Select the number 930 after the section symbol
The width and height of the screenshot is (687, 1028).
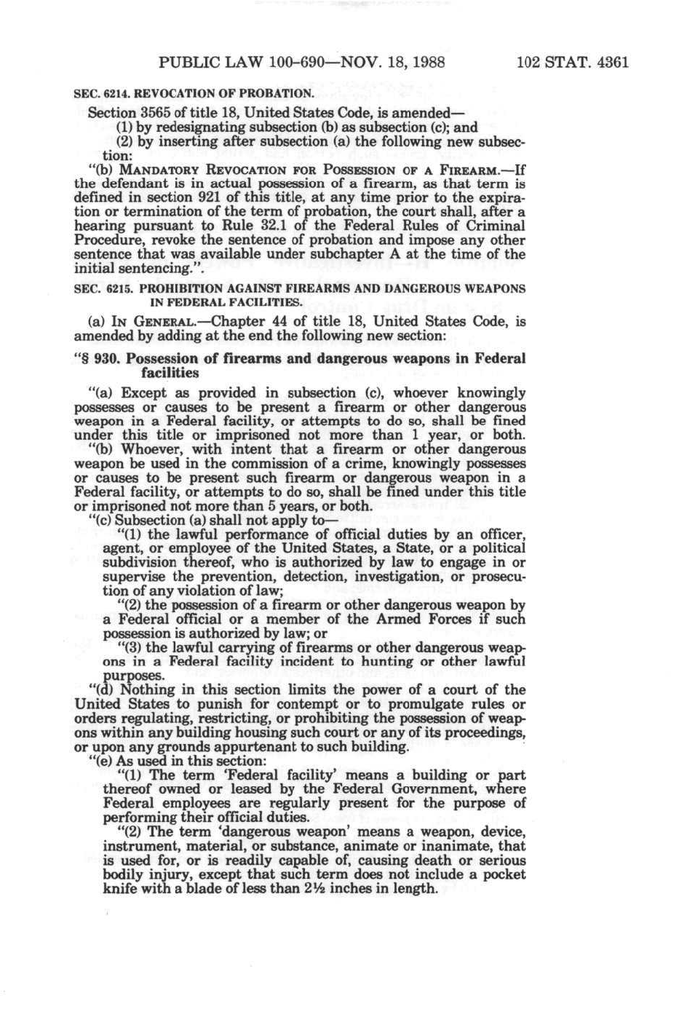pos(108,359)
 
